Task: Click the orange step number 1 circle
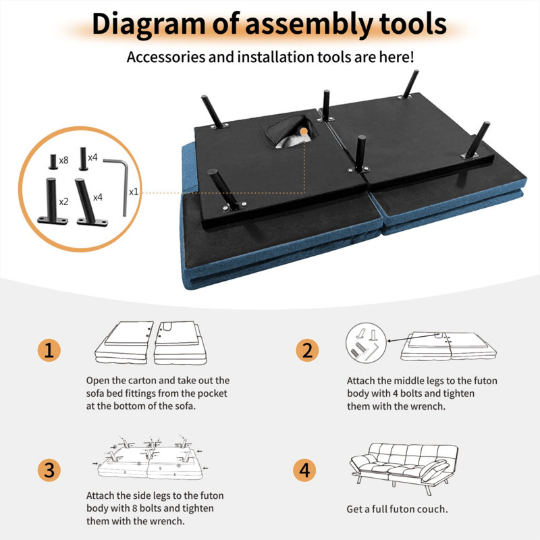click(x=49, y=350)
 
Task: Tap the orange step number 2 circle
click(x=307, y=350)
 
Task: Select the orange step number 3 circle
click(x=49, y=470)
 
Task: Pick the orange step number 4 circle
click(x=304, y=470)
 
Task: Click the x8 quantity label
click(x=63, y=160)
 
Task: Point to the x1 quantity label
click(x=134, y=192)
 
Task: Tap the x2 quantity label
click(x=63, y=201)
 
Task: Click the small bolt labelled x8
click(x=53, y=162)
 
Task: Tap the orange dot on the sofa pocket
click(x=304, y=131)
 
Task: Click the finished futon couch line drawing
click(x=404, y=468)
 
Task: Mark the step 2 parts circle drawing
click(x=367, y=344)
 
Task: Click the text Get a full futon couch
click(x=397, y=509)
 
